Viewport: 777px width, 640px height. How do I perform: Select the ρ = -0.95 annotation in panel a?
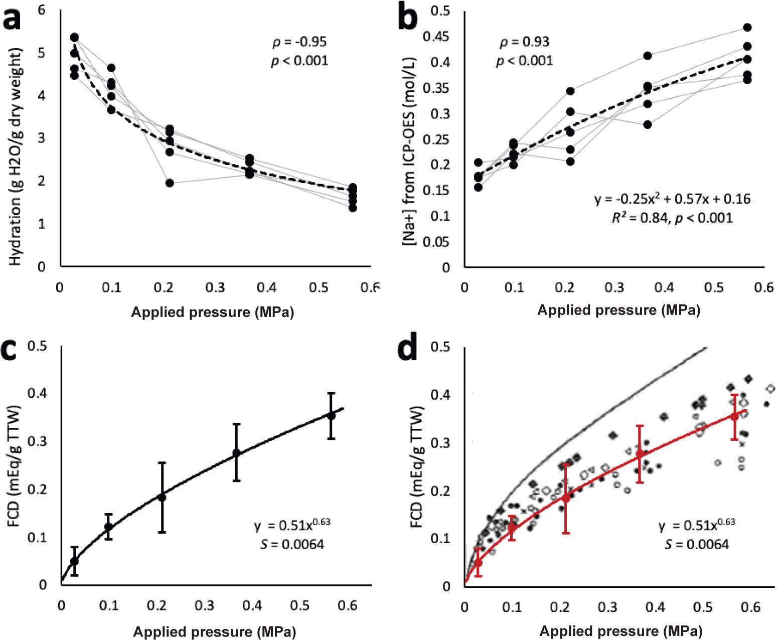point(299,42)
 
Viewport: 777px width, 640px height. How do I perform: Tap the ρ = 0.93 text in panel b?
point(524,42)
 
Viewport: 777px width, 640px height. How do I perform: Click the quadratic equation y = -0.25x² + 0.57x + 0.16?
point(672,199)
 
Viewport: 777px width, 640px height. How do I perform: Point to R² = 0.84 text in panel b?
point(639,218)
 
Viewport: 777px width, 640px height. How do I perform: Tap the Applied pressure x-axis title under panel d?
point(620,631)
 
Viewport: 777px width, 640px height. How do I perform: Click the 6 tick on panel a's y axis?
point(42,10)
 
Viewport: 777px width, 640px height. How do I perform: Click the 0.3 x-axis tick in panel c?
point(204,606)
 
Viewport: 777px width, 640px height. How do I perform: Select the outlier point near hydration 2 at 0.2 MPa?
point(170,183)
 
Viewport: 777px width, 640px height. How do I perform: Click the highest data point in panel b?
point(747,28)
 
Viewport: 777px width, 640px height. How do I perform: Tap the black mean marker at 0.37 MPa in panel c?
point(236,453)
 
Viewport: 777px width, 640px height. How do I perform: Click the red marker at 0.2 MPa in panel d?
point(566,498)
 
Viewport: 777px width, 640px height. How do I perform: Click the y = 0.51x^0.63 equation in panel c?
point(292,525)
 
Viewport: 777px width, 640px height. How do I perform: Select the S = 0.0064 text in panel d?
point(697,545)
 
